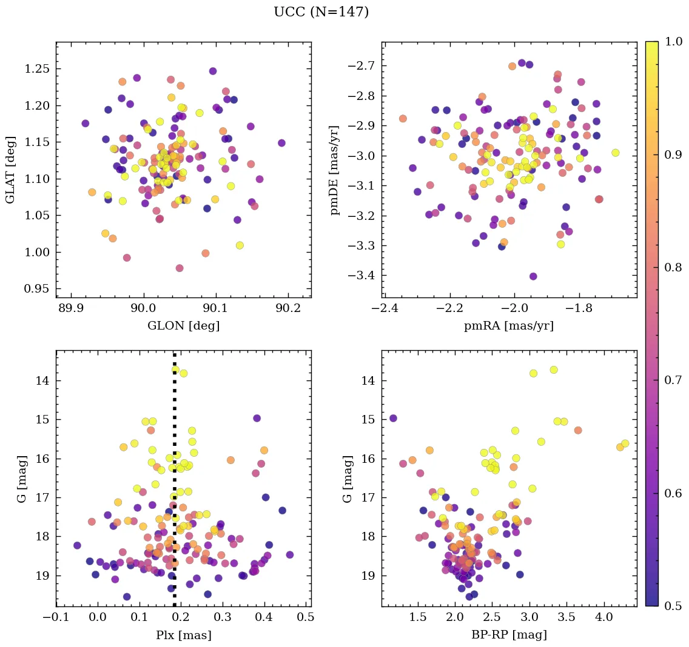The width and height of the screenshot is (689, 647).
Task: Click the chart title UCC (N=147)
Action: pyautogui.click(x=321, y=12)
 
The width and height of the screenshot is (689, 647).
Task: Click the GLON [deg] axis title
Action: pyautogui.click(x=183, y=326)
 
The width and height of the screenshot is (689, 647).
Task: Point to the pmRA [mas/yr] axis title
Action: pyautogui.click(x=508, y=326)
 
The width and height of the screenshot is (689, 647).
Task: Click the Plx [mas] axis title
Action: pyautogui.click(x=183, y=635)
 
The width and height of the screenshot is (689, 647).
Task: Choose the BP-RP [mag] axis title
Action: pyautogui.click(x=508, y=635)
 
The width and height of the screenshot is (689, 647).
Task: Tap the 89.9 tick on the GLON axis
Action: pyautogui.click(x=72, y=309)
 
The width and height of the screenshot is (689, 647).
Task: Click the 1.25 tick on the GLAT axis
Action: pyautogui.click(x=38, y=69)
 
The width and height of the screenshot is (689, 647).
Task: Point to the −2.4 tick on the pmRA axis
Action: pyautogui.click(x=385, y=309)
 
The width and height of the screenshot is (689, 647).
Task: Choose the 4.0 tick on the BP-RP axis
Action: pyautogui.click(x=603, y=618)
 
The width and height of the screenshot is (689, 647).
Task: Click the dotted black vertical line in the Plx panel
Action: pyautogui.click(x=175, y=485)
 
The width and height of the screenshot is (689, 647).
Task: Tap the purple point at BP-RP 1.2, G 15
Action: pyautogui.click(x=393, y=418)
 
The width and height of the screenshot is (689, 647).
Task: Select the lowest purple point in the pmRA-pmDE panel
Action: pyautogui.click(x=533, y=276)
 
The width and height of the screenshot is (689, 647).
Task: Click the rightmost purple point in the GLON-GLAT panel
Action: pyautogui.click(x=281, y=143)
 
